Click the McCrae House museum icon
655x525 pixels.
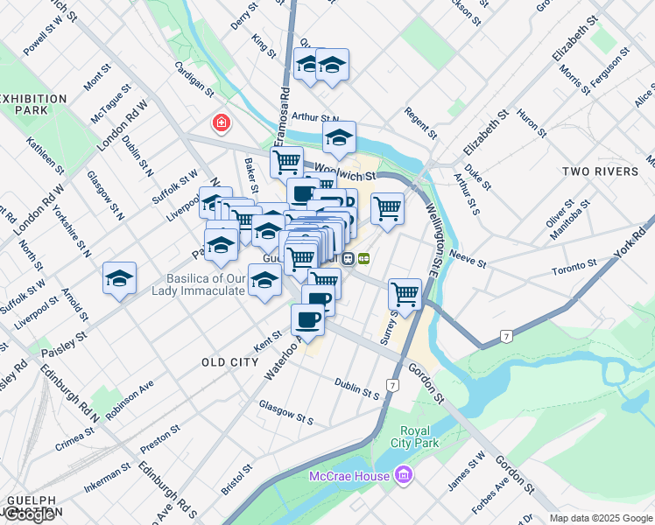pos(403,476)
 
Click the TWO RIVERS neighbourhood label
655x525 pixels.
pos(601,171)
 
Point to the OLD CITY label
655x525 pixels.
pos(230,362)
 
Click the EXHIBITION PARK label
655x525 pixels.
pos(34,105)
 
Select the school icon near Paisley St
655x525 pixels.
pos(119,278)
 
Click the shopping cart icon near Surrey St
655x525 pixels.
pos(405,293)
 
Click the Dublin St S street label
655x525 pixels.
pos(356,388)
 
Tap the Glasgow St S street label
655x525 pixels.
pos(286,411)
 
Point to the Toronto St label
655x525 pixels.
pos(574,265)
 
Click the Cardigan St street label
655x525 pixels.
pos(194,78)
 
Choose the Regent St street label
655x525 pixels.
pos(420,122)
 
